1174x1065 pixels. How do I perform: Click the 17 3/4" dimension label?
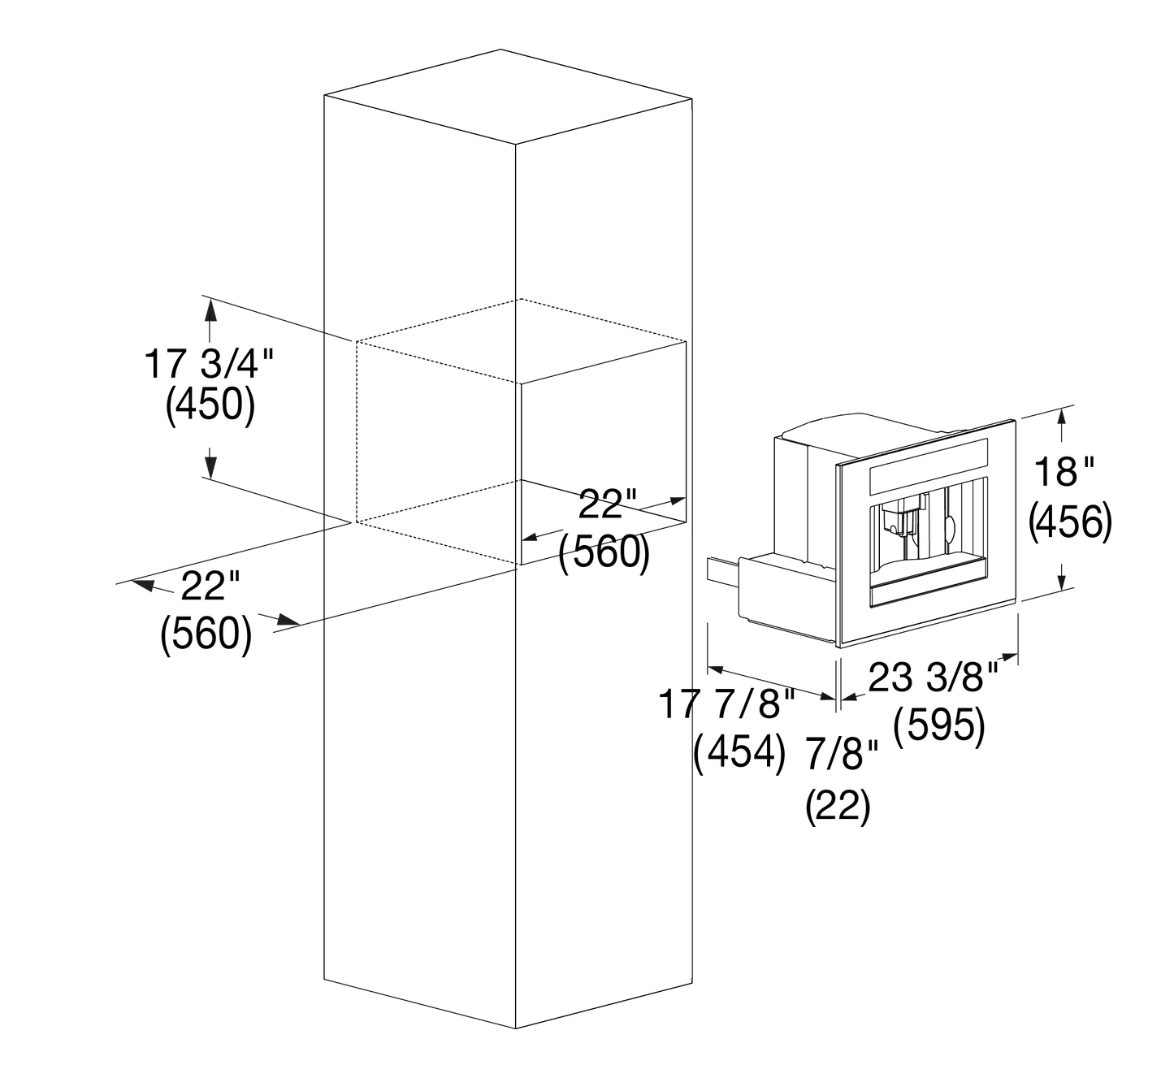[209, 364]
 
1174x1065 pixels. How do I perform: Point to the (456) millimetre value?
[1071, 522]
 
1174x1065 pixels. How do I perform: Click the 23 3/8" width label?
[934, 677]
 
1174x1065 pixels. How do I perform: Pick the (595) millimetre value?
[939, 725]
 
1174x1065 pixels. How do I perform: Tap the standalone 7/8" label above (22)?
[843, 755]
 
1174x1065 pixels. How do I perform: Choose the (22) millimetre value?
[838, 806]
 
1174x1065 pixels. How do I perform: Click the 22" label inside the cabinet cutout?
[608, 504]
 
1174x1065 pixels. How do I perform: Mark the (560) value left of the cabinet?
[206, 634]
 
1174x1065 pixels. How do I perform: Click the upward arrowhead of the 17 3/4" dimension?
[210, 310]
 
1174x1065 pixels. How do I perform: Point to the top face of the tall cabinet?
[508, 95]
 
